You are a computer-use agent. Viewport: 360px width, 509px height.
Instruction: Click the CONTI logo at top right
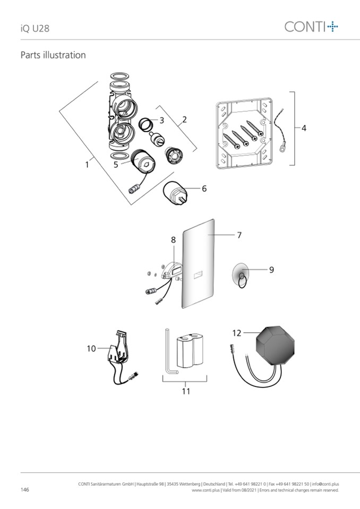pyautogui.click(x=311, y=27)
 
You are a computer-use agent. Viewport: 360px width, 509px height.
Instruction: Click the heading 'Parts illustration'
pyautogui.click(x=53, y=55)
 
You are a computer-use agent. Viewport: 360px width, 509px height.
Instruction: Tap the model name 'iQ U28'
pyautogui.click(x=35, y=28)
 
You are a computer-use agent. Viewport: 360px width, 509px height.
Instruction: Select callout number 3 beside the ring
pyautogui.click(x=161, y=120)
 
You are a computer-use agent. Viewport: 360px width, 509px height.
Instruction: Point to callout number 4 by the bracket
pyautogui.click(x=304, y=128)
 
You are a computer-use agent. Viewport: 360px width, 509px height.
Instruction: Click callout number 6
pyautogui.click(x=204, y=188)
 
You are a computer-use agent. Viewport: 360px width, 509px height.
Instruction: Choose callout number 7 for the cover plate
pyautogui.click(x=239, y=235)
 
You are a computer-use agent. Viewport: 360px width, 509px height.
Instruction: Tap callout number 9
pyautogui.click(x=271, y=270)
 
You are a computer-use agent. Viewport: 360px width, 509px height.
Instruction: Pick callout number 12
pyautogui.click(x=237, y=333)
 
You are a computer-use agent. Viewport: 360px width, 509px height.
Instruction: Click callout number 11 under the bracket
pyautogui.click(x=186, y=391)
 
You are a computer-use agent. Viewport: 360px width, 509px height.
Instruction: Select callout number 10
pyautogui.click(x=91, y=348)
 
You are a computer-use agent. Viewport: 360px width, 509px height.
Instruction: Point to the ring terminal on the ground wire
pyautogui.click(x=282, y=149)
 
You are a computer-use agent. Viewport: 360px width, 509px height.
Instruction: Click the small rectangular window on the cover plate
pyautogui.click(x=198, y=274)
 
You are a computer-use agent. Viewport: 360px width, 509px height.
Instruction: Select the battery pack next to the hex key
pyautogui.click(x=191, y=351)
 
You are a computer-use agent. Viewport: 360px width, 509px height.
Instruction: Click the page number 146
pyautogui.click(x=24, y=489)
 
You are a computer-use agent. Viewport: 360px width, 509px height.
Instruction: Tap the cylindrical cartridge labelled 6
pyautogui.click(x=176, y=194)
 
